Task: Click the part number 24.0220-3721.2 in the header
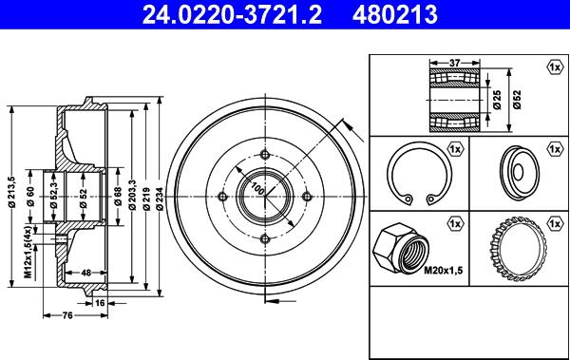(x=232, y=14)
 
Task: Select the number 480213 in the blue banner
(x=395, y=14)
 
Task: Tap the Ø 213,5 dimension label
(x=12, y=192)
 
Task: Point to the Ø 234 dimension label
(x=160, y=199)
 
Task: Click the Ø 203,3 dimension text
(x=132, y=196)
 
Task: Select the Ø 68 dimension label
(x=118, y=197)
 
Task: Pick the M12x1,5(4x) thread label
(x=28, y=252)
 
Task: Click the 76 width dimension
(x=67, y=315)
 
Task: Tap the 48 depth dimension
(x=85, y=273)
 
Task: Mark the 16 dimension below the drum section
(x=100, y=303)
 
